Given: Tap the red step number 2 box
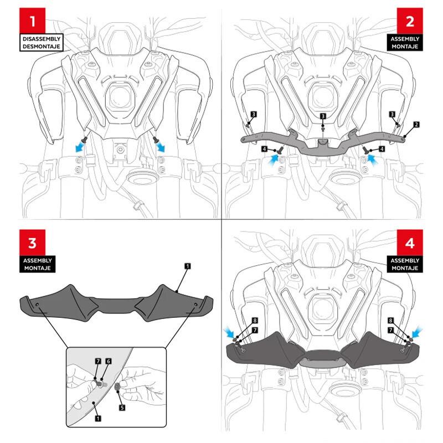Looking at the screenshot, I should click(410, 22).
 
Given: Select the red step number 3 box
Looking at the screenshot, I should click(34, 244).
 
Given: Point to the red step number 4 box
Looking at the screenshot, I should click(410, 244).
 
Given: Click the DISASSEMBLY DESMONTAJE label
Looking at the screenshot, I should click(42, 43).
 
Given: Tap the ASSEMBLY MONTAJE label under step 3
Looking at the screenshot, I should click(37, 264).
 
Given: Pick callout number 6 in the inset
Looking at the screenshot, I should click(109, 361).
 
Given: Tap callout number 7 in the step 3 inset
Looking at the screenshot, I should click(97, 361).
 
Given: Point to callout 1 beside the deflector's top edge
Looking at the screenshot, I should click(187, 266).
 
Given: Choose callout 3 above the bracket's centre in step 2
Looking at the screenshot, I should click(323, 116).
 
